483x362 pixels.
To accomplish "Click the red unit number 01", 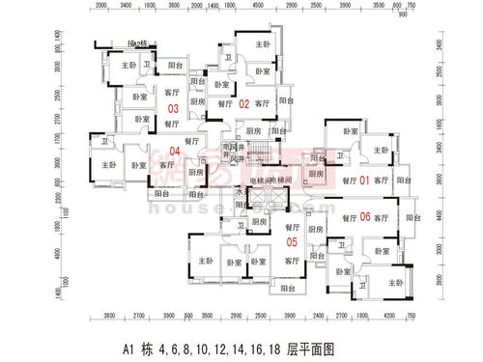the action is point(365,181).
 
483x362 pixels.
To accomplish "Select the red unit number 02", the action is point(243,103).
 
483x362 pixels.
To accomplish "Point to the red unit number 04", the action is point(175,150).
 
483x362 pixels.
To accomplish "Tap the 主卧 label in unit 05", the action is point(204,261).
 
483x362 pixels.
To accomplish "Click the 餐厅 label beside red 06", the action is point(349,218).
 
